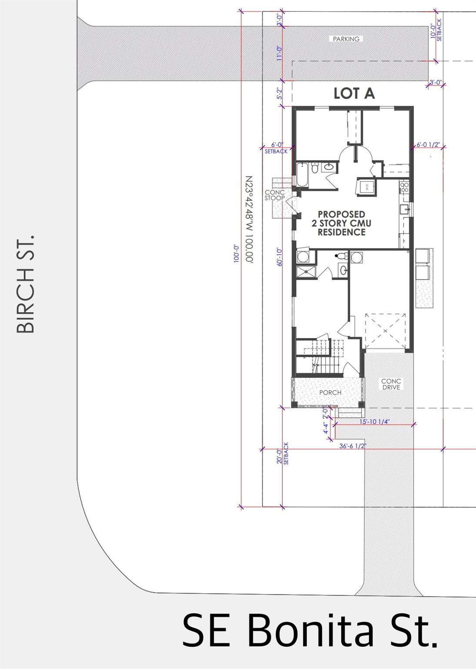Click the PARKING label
(x=346, y=39)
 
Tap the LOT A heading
(x=354, y=93)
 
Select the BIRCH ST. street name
(x=26, y=284)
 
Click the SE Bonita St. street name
(x=309, y=631)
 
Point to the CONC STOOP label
(x=275, y=195)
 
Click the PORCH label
(x=330, y=392)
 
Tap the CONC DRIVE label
(x=391, y=384)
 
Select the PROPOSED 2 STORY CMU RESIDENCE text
(x=341, y=223)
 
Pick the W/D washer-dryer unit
(x=365, y=186)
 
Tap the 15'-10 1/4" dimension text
(x=374, y=421)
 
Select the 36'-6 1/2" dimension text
(x=353, y=446)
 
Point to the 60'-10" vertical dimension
(x=280, y=257)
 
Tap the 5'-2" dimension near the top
(x=280, y=94)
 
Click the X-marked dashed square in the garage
(x=385, y=330)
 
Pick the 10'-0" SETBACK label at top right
(x=436, y=30)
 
